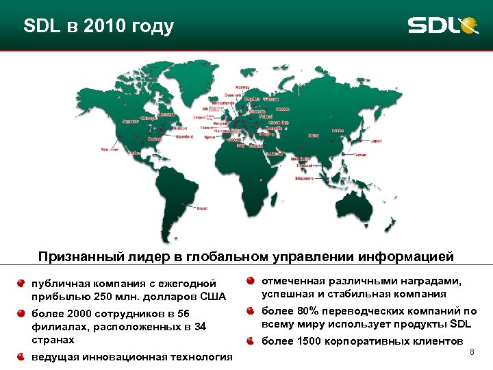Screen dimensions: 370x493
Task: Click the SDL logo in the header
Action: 442,25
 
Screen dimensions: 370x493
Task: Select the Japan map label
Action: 376,141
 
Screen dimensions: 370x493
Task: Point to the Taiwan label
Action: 359,155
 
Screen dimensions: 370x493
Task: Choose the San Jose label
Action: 110,149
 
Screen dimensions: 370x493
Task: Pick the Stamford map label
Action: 184,136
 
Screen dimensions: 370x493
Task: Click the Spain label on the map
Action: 210,137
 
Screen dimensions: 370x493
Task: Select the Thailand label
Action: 304,166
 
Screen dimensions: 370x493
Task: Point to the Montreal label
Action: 166,114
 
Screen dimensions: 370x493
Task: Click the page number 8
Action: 471,351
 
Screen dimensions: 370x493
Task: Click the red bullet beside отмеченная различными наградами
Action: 252,281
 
